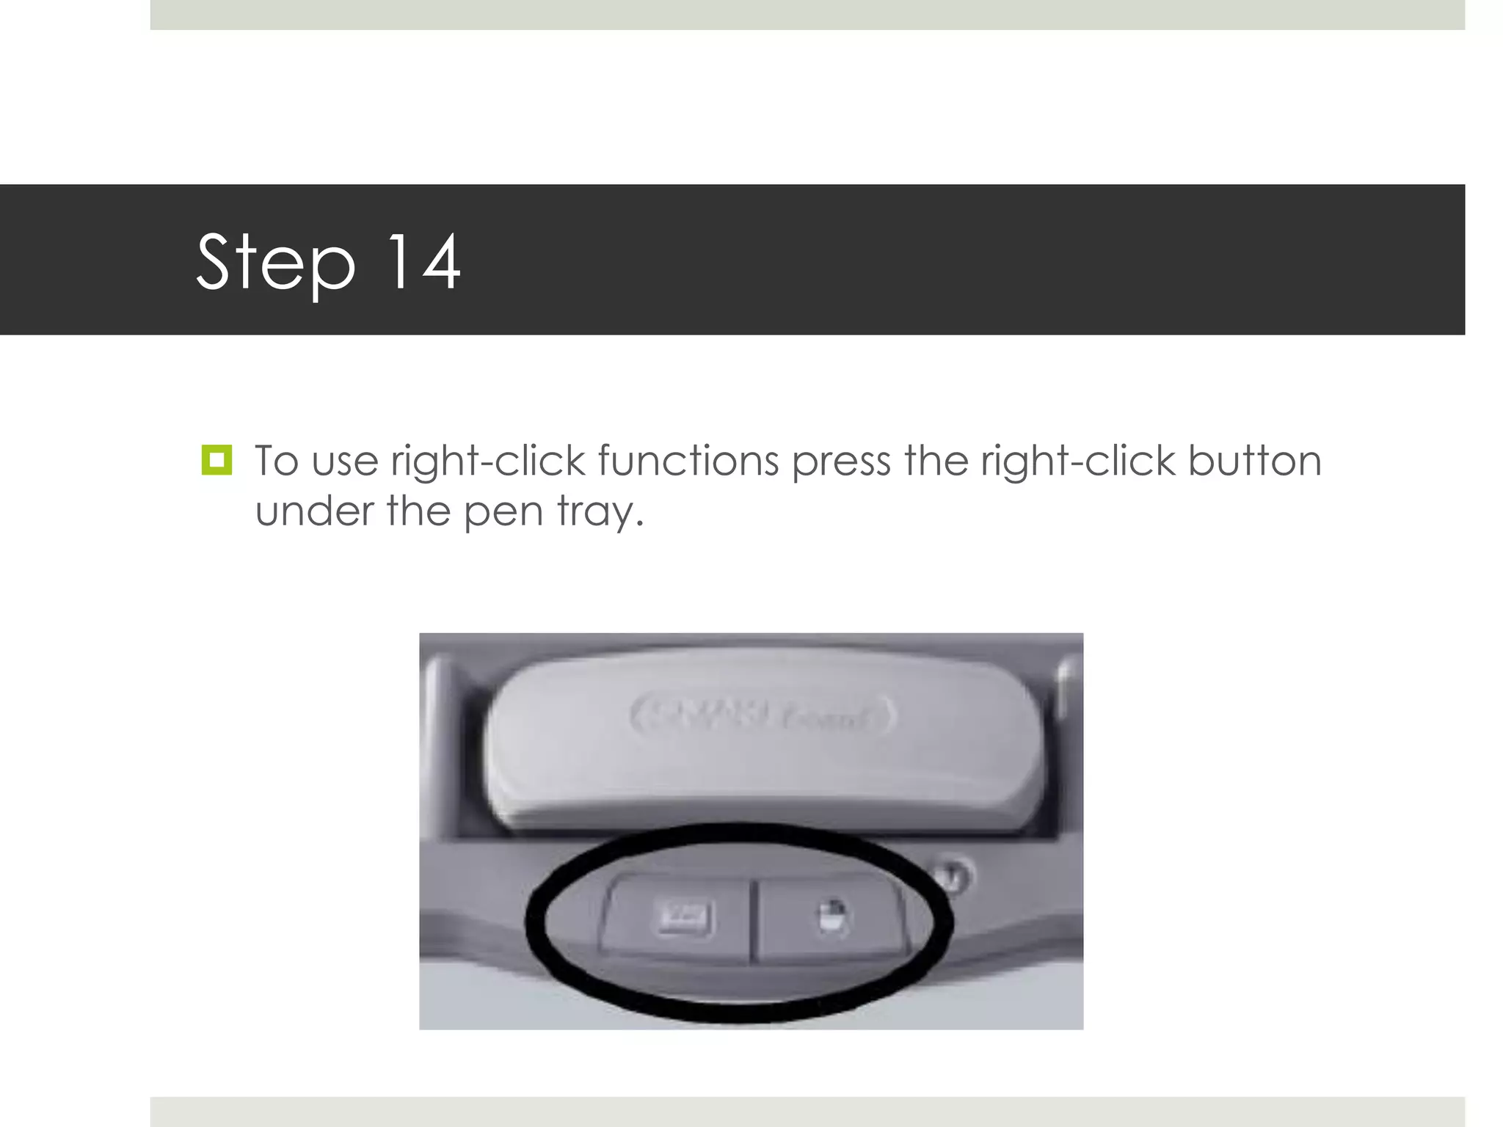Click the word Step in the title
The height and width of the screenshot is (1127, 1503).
tap(275, 262)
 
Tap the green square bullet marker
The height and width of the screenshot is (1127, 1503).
tap(216, 460)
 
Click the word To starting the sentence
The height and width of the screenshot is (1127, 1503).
tap(276, 461)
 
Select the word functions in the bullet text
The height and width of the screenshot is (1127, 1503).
tap(688, 461)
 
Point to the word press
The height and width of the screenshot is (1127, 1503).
tap(841, 462)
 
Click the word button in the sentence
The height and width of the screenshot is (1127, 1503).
tap(1254, 461)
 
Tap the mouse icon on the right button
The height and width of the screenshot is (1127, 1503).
tap(831, 917)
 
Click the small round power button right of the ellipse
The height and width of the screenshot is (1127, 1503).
tap(953, 875)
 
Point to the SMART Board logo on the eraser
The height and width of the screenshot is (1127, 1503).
tap(762, 715)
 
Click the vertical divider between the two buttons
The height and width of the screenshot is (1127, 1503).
tap(752, 922)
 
